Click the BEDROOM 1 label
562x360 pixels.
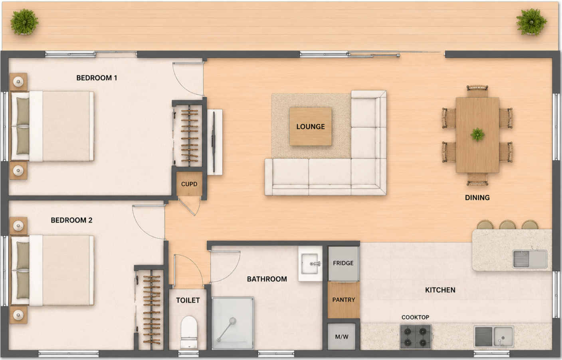pos(97,78)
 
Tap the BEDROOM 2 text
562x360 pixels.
pos(71,220)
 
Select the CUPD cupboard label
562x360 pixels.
pos(189,184)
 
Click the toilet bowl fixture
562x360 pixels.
pos(189,332)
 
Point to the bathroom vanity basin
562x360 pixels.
pos(311,263)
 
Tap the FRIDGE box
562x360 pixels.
pos(343,263)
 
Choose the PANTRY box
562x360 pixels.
pos(344,300)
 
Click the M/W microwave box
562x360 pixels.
pos(341,336)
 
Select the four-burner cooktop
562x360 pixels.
pos(415,337)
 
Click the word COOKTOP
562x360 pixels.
pos(415,317)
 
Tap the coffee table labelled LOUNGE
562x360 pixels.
pos(311,127)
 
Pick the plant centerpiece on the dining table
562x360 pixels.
pos(477,135)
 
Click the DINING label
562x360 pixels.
pos(477,198)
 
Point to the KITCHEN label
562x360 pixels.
pos(440,290)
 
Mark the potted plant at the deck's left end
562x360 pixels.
pos(24,22)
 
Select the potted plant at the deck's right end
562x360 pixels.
pos(531,22)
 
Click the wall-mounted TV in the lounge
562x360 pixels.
pos(214,142)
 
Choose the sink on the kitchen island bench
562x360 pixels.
pos(530,259)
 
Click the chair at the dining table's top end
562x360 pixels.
pos(477,91)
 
